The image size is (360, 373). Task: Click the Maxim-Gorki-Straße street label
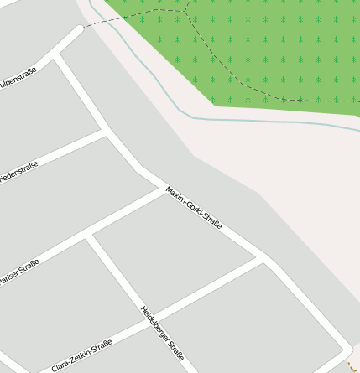point(194,209)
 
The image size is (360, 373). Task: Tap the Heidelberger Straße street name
point(162,333)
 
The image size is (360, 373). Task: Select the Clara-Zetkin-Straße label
point(81,355)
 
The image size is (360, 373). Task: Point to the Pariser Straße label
point(19,272)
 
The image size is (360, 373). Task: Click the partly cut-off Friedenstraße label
point(18,172)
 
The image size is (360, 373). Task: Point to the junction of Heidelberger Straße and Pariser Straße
point(86,238)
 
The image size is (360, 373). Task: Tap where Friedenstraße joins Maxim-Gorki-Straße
point(106,131)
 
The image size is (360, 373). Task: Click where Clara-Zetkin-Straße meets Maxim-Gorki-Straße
point(263,260)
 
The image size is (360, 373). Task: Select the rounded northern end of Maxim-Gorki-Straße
point(79,29)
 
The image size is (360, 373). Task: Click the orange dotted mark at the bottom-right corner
point(352,365)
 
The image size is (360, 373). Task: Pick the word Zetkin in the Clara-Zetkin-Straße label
point(81,355)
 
